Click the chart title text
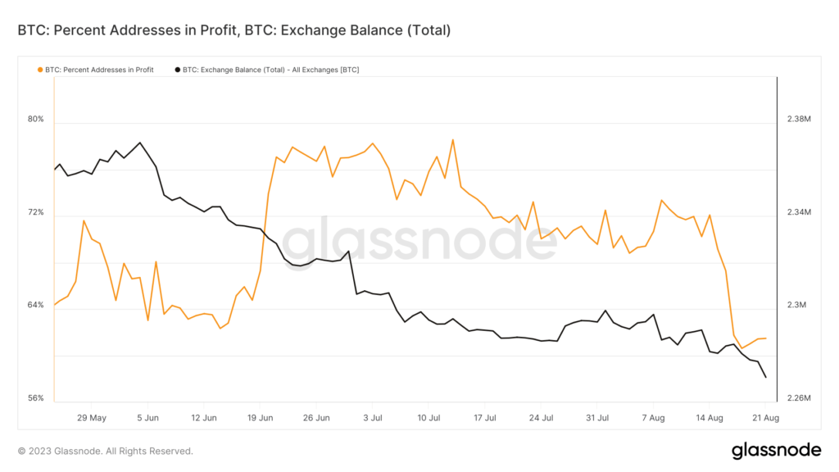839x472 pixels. pyautogui.click(x=234, y=31)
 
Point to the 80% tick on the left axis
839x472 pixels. pyautogui.click(x=35, y=120)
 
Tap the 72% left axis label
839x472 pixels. pyautogui.click(x=35, y=213)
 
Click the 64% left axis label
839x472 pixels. pyautogui.click(x=35, y=306)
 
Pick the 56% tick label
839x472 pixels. pyautogui.click(x=35, y=399)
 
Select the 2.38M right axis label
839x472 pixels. pyautogui.click(x=799, y=120)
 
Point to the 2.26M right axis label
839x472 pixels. pyautogui.click(x=799, y=399)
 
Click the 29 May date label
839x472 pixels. pyautogui.click(x=91, y=418)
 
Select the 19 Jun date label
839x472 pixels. pyautogui.click(x=260, y=418)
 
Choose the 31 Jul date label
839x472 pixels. pyautogui.click(x=597, y=418)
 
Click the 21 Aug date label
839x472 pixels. pyautogui.click(x=765, y=418)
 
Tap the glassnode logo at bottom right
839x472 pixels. pyautogui.click(x=776, y=450)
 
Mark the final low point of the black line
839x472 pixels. pyautogui.click(x=765, y=378)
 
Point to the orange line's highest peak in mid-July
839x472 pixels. pyautogui.click(x=453, y=139)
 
